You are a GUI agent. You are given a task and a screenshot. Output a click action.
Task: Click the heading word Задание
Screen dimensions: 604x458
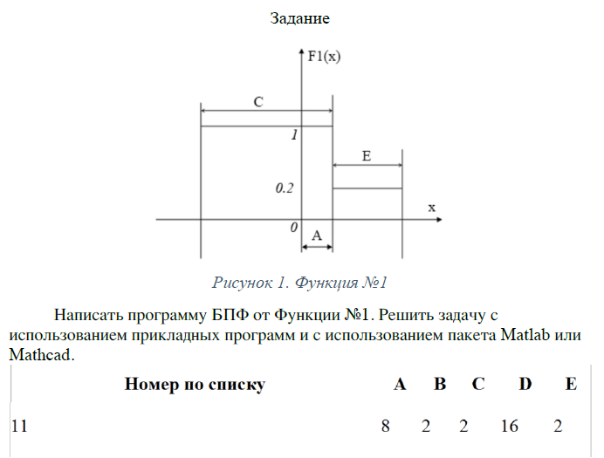click(x=299, y=18)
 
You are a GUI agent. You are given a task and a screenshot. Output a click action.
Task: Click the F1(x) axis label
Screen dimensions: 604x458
click(x=324, y=57)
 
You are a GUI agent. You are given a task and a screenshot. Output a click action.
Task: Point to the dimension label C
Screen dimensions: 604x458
click(x=258, y=101)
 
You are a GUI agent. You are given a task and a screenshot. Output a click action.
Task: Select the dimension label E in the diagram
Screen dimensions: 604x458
click(x=367, y=156)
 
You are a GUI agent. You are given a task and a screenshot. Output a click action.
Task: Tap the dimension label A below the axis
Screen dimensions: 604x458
click(x=317, y=236)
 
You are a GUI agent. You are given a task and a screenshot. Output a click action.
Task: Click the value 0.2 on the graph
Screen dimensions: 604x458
click(x=285, y=188)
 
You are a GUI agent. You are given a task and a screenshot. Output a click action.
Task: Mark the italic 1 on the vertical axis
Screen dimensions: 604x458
click(x=295, y=134)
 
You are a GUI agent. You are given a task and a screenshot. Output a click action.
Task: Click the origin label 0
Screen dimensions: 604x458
click(x=294, y=228)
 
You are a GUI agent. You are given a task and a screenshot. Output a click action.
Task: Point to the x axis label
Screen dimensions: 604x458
click(x=432, y=208)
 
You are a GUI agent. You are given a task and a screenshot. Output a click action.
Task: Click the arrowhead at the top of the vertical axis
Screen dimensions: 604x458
click(x=302, y=52)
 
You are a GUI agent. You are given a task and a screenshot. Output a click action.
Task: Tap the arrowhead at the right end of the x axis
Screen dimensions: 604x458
click(x=439, y=219)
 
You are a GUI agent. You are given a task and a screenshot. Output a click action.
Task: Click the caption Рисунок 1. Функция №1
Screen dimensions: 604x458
click(x=299, y=283)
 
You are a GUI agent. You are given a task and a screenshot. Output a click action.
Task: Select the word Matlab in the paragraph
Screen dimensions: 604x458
click(x=525, y=335)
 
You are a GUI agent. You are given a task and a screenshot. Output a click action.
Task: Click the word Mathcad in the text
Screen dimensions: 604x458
click(x=40, y=354)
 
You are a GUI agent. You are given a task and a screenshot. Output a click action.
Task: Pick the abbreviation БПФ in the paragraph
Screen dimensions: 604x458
click(x=230, y=315)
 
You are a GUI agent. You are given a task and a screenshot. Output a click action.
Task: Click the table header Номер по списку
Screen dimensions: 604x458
click(x=195, y=384)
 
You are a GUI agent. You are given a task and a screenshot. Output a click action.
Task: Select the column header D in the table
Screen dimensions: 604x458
click(x=525, y=384)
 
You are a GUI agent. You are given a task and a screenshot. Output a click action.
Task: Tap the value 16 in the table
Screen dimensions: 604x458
click(x=509, y=426)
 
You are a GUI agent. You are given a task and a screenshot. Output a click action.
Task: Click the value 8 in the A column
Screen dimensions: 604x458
click(x=386, y=426)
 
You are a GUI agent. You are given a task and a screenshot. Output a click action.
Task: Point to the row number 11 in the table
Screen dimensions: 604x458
click(x=19, y=426)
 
